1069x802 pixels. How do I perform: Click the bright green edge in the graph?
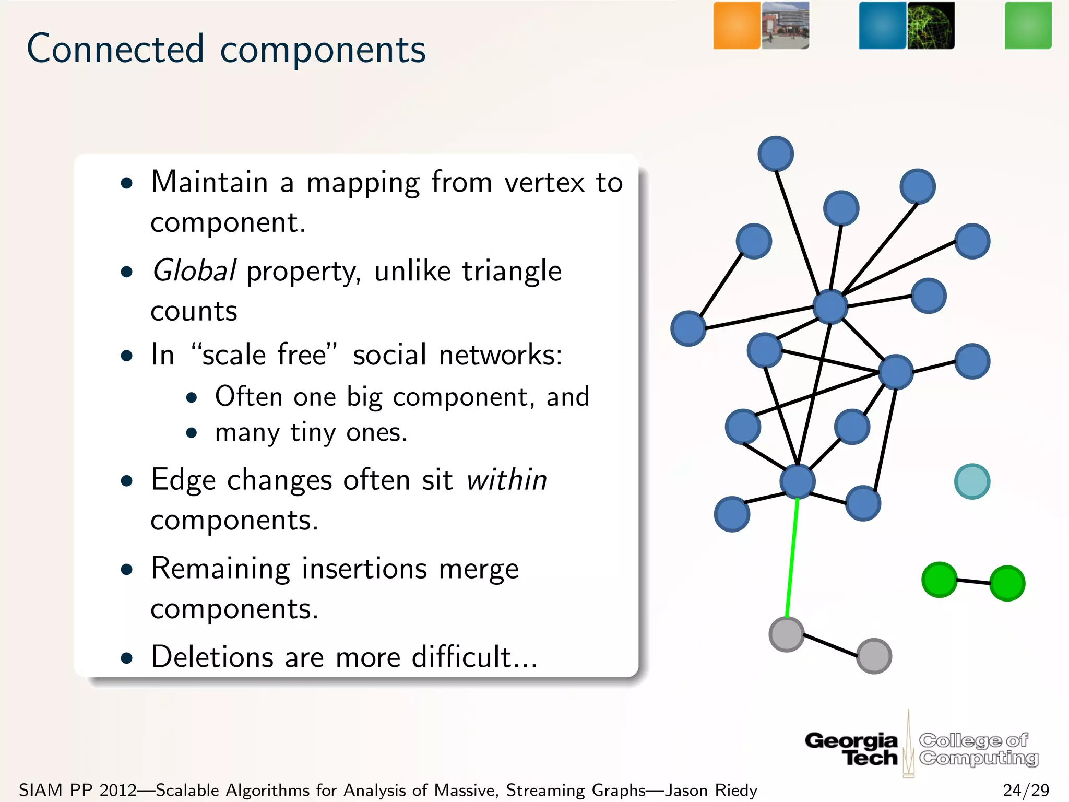[x=792, y=559]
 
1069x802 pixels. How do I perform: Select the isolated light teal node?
[x=972, y=481]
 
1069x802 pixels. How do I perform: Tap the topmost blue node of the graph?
[x=776, y=154]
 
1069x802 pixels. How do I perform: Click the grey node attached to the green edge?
[x=787, y=634]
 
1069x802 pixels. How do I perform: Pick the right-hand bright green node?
[x=1007, y=583]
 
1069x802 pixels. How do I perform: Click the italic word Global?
[x=194, y=271]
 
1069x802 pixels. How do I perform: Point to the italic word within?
[x=506, y=480]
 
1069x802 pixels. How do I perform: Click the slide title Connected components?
[x=226, y=49]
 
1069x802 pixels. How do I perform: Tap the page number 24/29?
[x=1026, y=790]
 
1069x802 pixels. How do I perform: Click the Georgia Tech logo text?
[x=852, y=749]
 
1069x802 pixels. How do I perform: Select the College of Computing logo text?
[x=978, y=749]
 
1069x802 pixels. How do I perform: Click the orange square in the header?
[x=737, y=26]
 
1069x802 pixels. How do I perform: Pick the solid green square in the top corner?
[x=1028, y=26]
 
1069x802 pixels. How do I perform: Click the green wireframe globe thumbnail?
[x=931, y=26]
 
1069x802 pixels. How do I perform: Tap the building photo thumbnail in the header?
[x=785, y=26]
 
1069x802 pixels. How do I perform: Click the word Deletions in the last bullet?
[x=211, y=657]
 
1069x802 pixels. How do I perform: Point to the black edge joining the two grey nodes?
[x=830, y=645]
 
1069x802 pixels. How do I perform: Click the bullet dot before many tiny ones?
[x=192, y=433]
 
